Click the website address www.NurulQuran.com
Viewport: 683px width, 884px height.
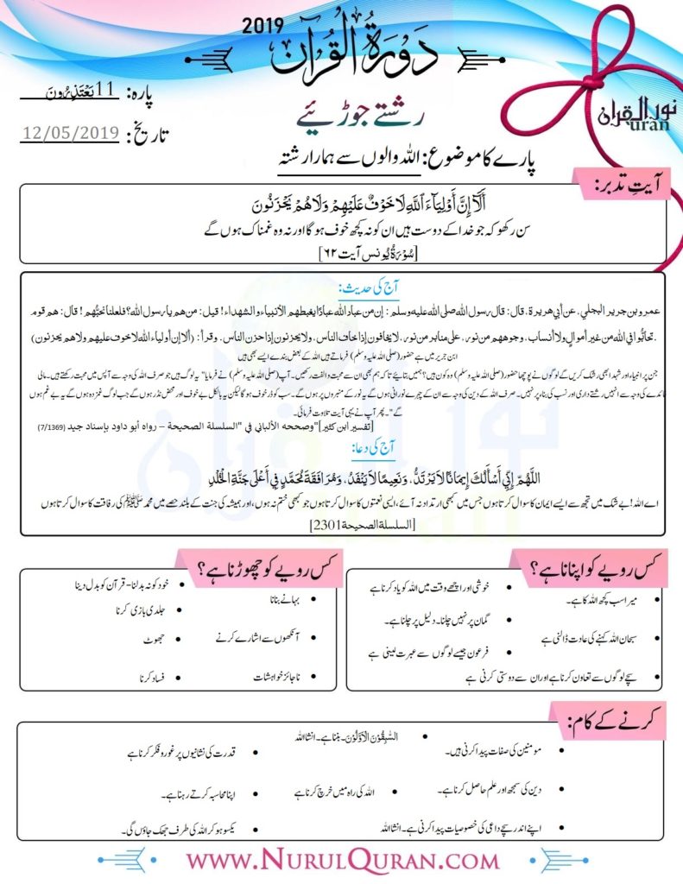pos(343,861)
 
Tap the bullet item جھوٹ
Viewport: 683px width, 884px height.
pos(153,640)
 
